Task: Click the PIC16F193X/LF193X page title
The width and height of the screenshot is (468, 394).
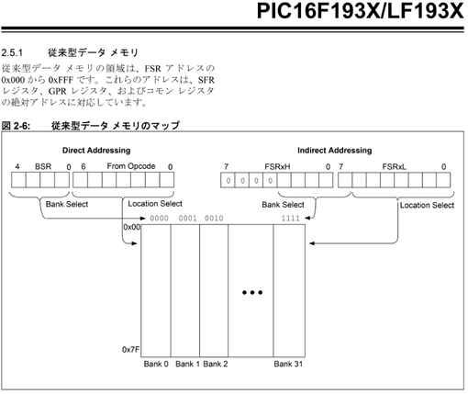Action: coord(361,11)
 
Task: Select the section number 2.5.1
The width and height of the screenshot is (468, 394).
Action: coord(12,53)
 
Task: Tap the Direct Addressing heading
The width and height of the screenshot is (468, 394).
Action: coord(96,151)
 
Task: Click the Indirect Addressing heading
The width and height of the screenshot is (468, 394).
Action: coord(335,151)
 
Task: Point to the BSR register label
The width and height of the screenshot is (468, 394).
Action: coord(43,166)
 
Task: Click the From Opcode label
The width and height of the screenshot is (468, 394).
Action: coord(131,166)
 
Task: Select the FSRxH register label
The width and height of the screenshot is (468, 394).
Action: coord(277,167)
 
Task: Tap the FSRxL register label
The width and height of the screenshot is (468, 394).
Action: coord(395,167)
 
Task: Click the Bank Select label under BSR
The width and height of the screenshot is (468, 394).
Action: coord(67,204)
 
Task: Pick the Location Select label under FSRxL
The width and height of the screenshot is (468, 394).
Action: coord(427,205)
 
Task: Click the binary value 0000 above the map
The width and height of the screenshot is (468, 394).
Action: coord(159,219)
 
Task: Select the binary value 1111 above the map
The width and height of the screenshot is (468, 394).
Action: coord(291,219)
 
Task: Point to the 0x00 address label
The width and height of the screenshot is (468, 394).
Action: coord(132,227)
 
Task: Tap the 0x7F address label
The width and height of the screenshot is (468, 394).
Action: coord(131,349)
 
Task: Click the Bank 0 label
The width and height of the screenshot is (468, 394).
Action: coord(156,364)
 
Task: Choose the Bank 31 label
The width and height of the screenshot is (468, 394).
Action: coord(288,364)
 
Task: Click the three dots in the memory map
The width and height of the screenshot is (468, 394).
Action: coord(252,292)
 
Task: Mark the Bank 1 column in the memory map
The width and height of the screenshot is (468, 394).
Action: coord(185,291)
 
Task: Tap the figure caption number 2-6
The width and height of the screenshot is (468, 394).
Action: coord(21,126)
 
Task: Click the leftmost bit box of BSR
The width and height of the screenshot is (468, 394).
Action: coord(18,180)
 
